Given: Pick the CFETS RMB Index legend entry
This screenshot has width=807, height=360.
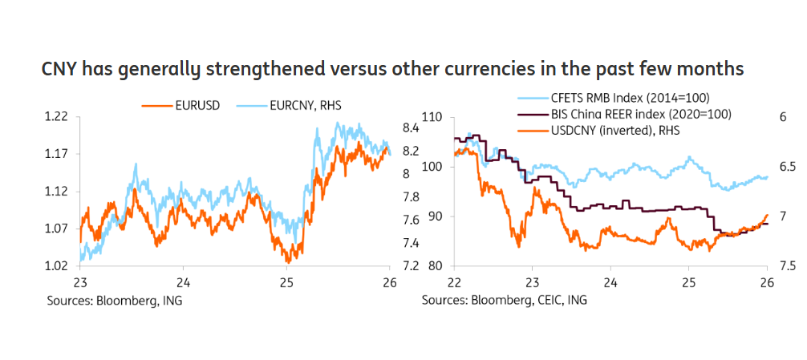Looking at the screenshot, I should (x=639, y=98).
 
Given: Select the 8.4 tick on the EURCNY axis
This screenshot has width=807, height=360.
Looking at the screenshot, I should (x=411, y=127).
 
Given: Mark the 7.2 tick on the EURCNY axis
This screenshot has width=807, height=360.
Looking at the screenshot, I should (x=411, y=266).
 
